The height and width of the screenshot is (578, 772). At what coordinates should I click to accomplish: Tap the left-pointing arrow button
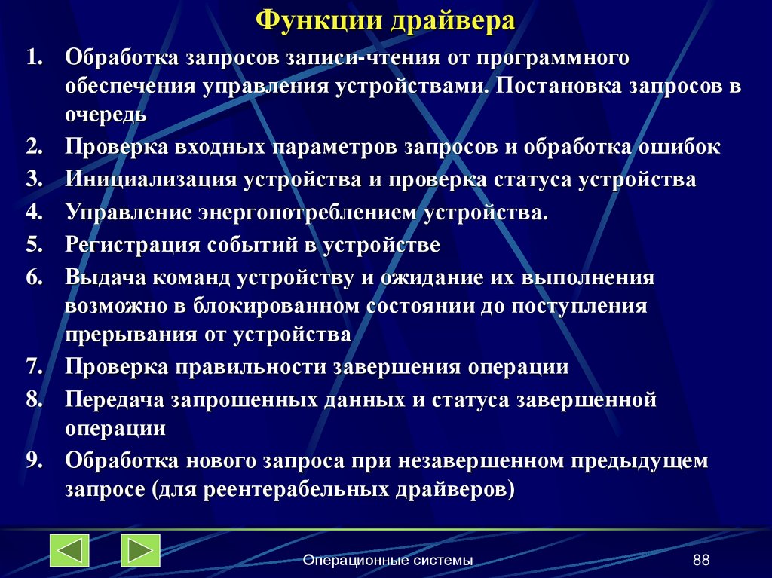69,550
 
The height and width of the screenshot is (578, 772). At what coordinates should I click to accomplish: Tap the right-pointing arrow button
140,550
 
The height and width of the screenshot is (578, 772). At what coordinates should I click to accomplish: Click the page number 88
701,560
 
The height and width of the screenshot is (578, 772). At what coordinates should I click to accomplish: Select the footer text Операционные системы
388,560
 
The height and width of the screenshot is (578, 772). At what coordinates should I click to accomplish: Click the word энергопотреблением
307,213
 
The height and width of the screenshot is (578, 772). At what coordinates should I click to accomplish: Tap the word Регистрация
133,245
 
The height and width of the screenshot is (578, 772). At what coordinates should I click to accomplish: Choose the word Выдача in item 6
106,277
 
